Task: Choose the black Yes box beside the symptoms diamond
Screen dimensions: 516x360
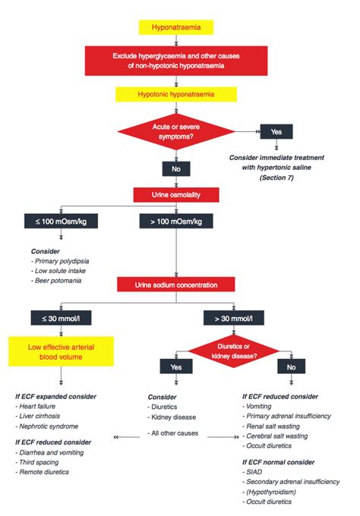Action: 276,131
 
